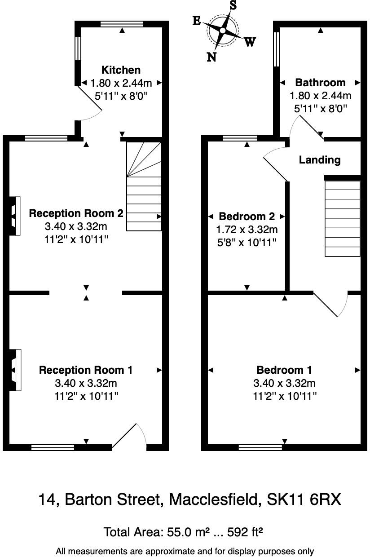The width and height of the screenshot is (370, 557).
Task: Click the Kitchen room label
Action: click(x=121, y=70)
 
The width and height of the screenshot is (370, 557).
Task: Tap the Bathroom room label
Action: click(x=320, y=83)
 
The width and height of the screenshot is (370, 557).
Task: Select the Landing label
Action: click(x=320, y=160)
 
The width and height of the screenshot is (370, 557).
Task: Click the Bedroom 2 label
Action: click(x=247, y=216)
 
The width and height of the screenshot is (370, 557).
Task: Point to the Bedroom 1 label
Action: click(x=284, y=370)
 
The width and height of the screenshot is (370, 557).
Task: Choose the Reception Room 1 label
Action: click(x=86, y=370)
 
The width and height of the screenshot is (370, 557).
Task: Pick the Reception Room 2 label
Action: click(x=76, y=213)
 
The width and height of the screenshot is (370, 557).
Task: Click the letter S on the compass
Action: click(x=233, y=5)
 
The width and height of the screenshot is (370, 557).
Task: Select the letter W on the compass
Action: click(x=250, y=42)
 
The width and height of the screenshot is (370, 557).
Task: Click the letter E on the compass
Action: click(x=196, y=21)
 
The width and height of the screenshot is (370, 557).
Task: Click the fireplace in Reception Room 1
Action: click(x=14, y=370)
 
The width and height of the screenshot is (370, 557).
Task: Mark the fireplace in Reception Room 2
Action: click(x=14, y=216)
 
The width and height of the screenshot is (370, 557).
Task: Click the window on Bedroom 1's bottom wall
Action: click(x=260, y=447)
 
